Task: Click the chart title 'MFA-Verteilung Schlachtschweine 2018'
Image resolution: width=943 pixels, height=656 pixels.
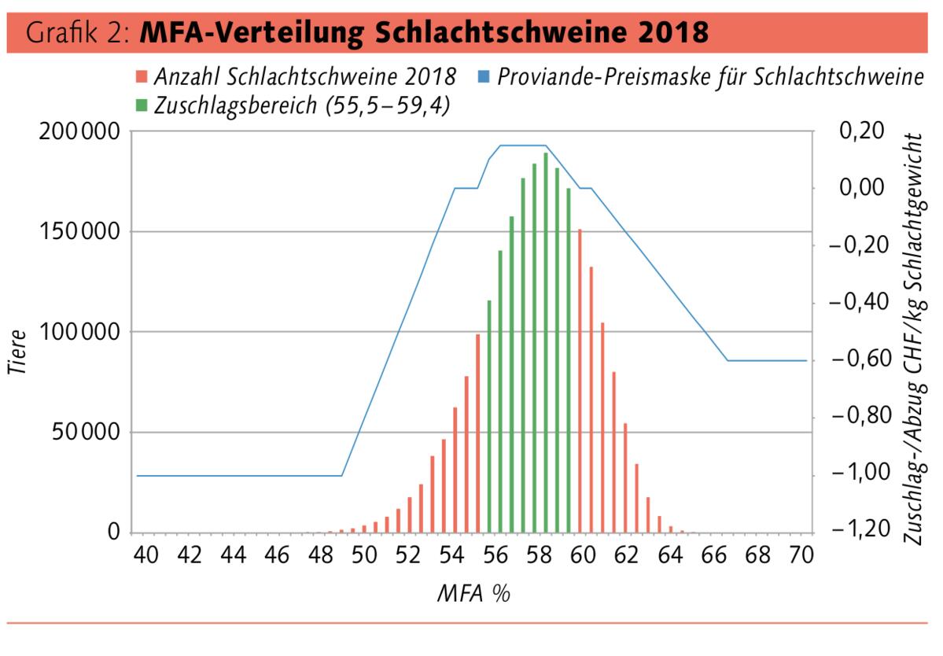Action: [x=425, y=33]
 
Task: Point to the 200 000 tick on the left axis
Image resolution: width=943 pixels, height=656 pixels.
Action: [x=76, y=131]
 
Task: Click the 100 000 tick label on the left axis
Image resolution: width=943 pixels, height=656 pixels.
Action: [x=76, y=332]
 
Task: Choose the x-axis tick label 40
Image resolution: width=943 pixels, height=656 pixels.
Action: [x=145, y=555]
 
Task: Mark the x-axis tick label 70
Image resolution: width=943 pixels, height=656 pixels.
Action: [x=801, y=555]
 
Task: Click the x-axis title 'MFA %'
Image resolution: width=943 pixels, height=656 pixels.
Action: [x=473, y=592]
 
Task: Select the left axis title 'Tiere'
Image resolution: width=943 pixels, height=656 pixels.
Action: [x=20, y=351]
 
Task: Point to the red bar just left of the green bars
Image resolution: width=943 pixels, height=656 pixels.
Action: [x=477, y=433]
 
